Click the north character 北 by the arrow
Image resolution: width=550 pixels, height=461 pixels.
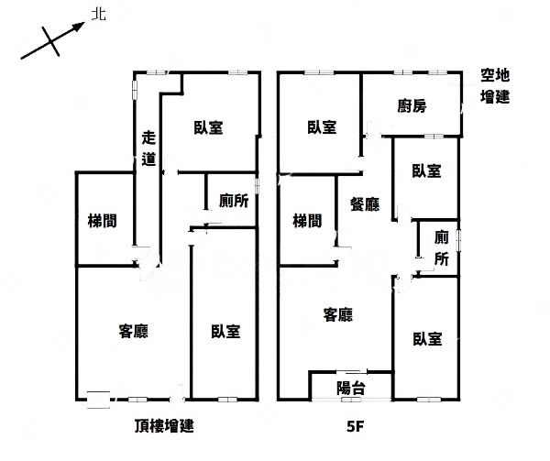coord(99,15)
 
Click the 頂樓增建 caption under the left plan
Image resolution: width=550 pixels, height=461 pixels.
coord(164,426)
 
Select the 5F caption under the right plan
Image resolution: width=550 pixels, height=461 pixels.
coord(356,427)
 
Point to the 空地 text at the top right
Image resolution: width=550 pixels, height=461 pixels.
coord(495,75)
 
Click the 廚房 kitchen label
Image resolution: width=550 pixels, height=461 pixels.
coord(412,106)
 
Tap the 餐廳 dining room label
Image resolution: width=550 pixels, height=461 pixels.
coord(365,204)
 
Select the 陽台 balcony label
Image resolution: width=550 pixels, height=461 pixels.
coord(351,388)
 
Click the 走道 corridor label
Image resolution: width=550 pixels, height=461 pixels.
coord(148,148)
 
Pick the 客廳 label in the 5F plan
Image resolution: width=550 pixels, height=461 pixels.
coord(337,314)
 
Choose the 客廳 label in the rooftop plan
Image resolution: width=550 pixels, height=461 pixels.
coord(134,331)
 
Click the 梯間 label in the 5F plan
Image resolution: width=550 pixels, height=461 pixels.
coord(307,221)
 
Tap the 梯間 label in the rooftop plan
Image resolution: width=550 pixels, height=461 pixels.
coord(102,221)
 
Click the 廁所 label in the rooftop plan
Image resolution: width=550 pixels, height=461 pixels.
coord(234,201)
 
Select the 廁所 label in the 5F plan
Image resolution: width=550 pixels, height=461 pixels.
coord(442,248)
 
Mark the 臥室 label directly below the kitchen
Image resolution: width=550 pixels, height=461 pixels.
coord(426,170)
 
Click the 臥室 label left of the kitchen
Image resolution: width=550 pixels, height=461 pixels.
coord(322,126)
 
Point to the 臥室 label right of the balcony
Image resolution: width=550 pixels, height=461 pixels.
coord(427,339)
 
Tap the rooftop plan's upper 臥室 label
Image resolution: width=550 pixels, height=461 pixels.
coord(209,127)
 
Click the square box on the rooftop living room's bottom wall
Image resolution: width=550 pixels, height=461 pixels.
coord(99,400)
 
